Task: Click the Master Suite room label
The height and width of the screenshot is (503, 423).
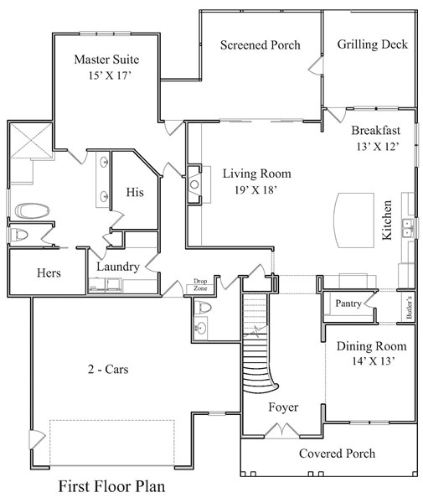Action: click(106, 60)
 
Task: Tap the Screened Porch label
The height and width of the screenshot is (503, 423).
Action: click(260, 44)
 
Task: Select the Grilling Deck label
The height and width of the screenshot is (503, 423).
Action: click(373, 44)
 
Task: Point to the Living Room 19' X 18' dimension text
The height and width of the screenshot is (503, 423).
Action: click(256, 190)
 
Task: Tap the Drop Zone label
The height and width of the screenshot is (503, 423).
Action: click(200, 285)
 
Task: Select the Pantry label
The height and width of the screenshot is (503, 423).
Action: click(348, 302)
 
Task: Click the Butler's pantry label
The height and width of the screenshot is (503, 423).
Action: click(409, 308)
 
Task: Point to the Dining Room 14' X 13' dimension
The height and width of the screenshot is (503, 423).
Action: click(371, 362)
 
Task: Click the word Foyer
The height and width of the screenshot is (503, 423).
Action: click(283, 407)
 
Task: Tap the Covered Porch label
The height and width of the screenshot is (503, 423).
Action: click(337, 454)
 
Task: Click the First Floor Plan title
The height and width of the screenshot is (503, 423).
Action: click(111, 485)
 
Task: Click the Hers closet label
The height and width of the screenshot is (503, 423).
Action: click(48, 273)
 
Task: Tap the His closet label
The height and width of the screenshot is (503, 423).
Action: click(135, 192)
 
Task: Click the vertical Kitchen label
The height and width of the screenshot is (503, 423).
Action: click(387, 220)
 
